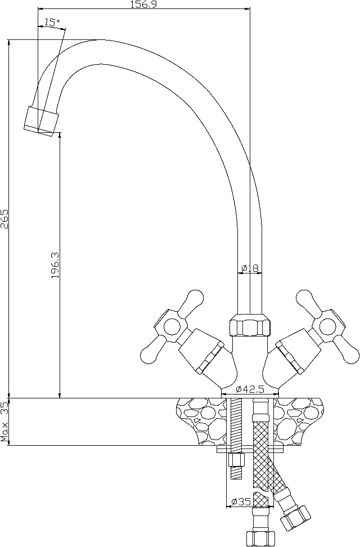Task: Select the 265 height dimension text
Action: coord(4,219)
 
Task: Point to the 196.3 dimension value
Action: coord(56,265)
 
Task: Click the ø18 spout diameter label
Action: coord(250,268)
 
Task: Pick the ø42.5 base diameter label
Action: coord(250,389)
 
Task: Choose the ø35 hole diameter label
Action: coord(241,502)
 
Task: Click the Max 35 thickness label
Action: coord(4,422)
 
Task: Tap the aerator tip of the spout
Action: coord(40,120)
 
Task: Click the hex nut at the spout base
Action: coord(250,325)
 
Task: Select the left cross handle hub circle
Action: coord(172,326)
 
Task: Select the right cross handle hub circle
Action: coord(328,326)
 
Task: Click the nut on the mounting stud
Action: coord(236,460)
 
